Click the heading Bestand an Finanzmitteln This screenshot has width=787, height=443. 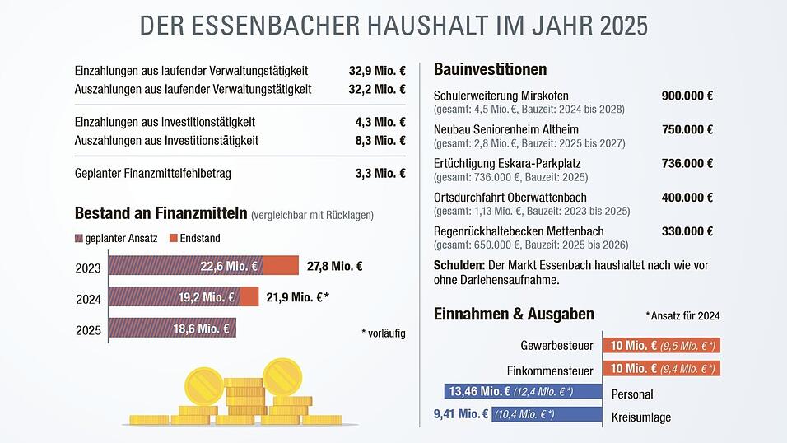(x=161, y=214)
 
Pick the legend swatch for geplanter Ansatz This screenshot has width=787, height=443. (x=79, y=239)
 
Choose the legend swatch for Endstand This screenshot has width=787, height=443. (x=173, y=239)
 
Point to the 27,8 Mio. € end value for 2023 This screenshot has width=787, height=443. (x=335, y=266)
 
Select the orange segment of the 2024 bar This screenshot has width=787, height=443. (x=250, y=297)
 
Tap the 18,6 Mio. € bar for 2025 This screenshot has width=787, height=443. (x=173, y=329)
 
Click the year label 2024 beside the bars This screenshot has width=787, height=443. (x=88, y=298)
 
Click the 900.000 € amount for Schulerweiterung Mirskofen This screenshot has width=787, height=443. (x=687, y=96)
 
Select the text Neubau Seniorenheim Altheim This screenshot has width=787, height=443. (x=506, y=129)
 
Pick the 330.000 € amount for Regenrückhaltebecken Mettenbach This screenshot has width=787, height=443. (x=687, y=231)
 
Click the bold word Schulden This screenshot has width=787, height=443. (x=459, y=266)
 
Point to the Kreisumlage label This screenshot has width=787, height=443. (x=641, y=417)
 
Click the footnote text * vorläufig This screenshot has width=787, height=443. (x=383, y=333)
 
